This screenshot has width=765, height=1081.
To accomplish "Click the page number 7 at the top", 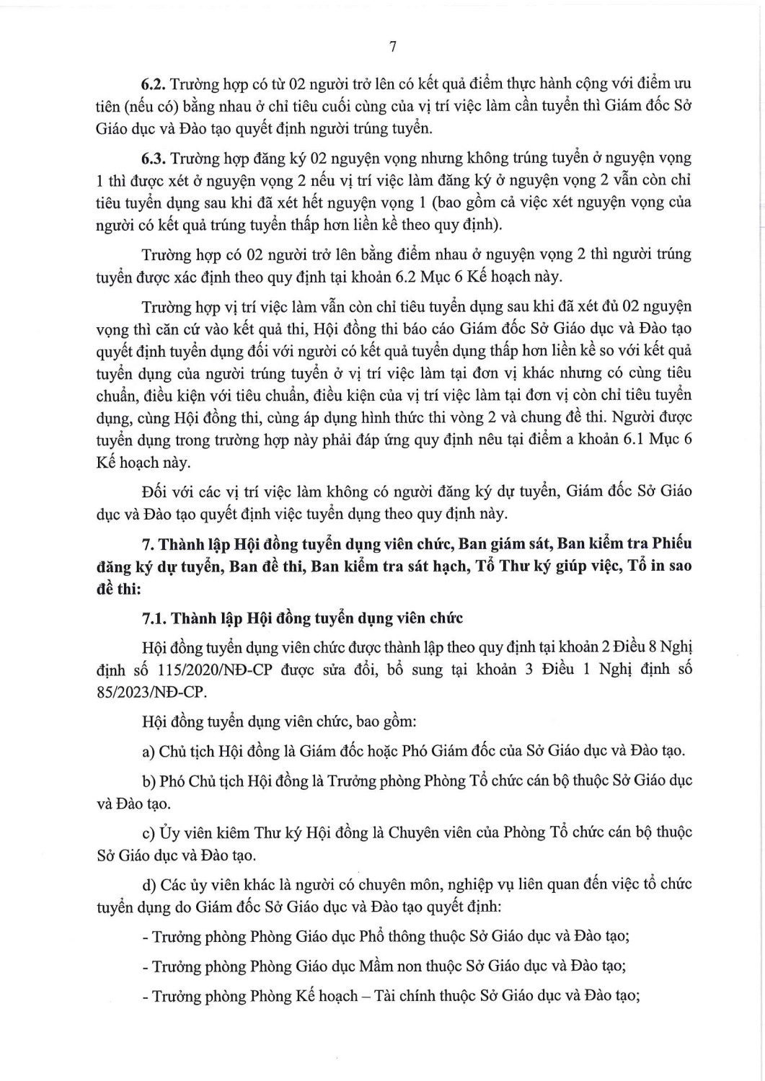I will click(392, 48).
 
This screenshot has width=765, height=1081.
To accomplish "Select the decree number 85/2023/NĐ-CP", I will click(151, 692).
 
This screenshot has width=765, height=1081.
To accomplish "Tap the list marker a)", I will click(148, 752).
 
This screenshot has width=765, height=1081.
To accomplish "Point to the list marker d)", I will click(149, 884).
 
